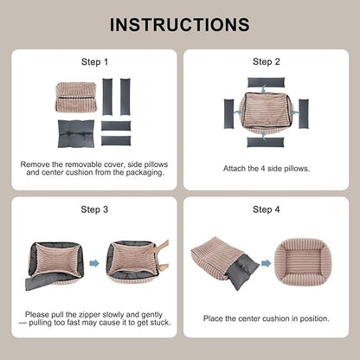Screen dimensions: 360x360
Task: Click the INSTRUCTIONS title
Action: point(180,24)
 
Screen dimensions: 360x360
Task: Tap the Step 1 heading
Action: point(94,61)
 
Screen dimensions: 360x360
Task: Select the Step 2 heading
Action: point(267,61)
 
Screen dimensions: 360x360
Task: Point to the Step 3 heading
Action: point(94,209)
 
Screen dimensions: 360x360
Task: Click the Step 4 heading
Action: point(267,209)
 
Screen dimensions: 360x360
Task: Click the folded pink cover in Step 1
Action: point(76,97)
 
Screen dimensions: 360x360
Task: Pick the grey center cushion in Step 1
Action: point(76,134)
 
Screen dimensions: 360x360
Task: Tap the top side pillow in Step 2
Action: point(266,83)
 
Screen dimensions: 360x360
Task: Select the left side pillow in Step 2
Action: point(229,113)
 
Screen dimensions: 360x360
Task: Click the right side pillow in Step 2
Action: point(304,113)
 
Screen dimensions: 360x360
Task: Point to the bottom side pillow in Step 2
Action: point(266,142)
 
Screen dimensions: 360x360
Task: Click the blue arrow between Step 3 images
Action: point(94,263)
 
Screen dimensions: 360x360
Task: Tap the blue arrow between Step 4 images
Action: point(267,263)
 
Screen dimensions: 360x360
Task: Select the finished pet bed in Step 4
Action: point(302,261)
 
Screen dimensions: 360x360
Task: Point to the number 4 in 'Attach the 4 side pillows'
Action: point(263,169)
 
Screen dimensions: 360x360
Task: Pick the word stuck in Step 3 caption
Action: point(159,323)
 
